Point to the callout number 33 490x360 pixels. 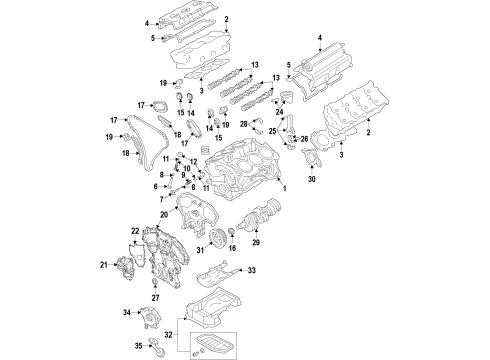pos(253,270)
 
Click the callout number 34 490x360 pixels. pos(127,313)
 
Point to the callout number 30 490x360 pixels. pos(311,207)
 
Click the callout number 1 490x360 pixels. pos(284,189)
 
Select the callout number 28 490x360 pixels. pos(243,123)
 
